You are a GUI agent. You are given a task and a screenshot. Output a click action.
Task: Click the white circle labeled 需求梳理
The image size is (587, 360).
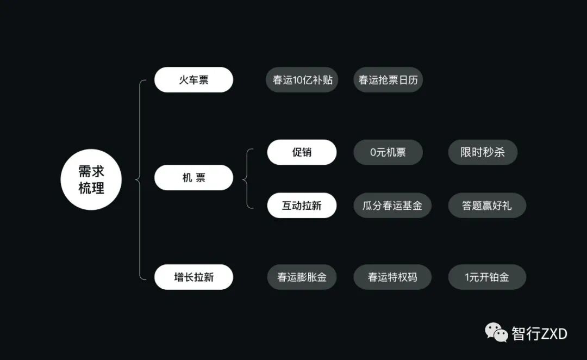click(x=90, y=179)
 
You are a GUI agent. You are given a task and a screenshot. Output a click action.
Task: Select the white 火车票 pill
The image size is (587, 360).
click(x=193, y=80)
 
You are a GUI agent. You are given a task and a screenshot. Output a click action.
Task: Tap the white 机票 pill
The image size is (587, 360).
click(x=193, y=178)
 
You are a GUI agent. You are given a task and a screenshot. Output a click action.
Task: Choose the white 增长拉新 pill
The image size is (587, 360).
click(x=193, y=277)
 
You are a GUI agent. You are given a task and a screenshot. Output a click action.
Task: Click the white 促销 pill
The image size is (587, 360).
click(x=302, y=152)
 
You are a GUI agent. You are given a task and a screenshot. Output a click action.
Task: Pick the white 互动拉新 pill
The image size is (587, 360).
click(x=302, y=206)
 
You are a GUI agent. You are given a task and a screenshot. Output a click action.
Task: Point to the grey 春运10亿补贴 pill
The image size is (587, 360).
click(x=302, y=80)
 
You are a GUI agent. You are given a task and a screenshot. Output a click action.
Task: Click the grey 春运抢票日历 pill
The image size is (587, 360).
click(x=388, y=80)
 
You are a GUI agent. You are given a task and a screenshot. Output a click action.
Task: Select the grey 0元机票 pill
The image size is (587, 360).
click(x=388, y=152)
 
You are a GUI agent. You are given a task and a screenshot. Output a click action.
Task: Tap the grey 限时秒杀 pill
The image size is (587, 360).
click(x=483, y=152)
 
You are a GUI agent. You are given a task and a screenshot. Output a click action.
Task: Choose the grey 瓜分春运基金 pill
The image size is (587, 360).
click(x=392, y=206)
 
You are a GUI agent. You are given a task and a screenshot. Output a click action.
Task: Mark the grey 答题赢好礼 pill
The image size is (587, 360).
click(x=487, y=206)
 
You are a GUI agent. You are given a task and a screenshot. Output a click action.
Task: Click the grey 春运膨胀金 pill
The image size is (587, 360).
click(x=302, y=277)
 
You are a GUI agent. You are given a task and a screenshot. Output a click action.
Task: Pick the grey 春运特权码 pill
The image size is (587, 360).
click(x=392, y=277)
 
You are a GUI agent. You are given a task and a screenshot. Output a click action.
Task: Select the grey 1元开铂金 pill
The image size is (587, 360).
click(x=487, y=277)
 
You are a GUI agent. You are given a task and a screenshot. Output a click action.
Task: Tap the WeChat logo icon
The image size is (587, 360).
click(x=496, y=332)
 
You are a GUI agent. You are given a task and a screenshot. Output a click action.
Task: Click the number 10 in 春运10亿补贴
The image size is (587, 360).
click(x=299, y=80)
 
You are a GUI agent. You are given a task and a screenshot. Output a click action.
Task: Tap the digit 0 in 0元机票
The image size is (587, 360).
click(x=374, y=152)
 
